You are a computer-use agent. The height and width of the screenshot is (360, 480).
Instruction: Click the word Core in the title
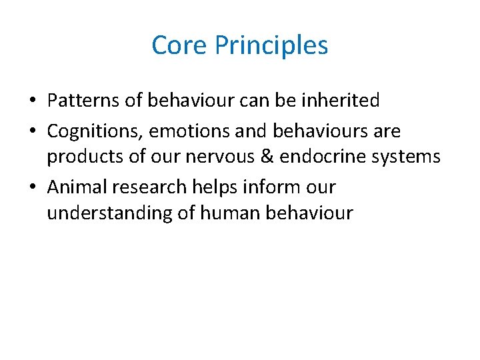point(175,45)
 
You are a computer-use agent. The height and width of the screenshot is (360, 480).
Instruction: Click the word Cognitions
point(95,131)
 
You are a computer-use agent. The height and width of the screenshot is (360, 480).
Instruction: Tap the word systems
point(408,157)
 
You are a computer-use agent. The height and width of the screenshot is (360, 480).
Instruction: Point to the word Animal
point(77,187)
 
